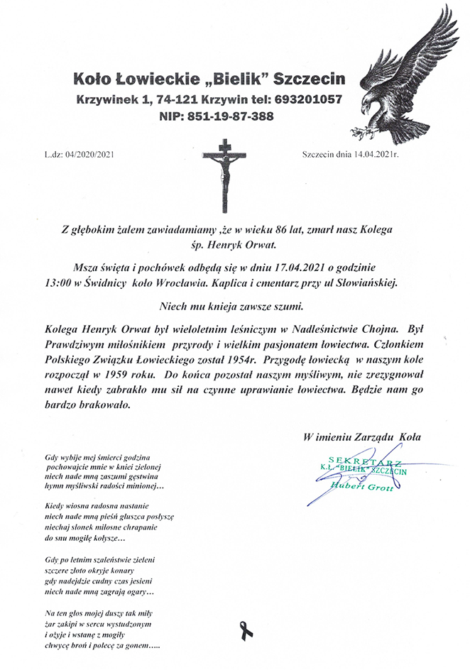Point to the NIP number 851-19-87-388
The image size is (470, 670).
[227, 116]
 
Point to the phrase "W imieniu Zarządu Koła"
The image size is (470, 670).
[361, 437]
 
